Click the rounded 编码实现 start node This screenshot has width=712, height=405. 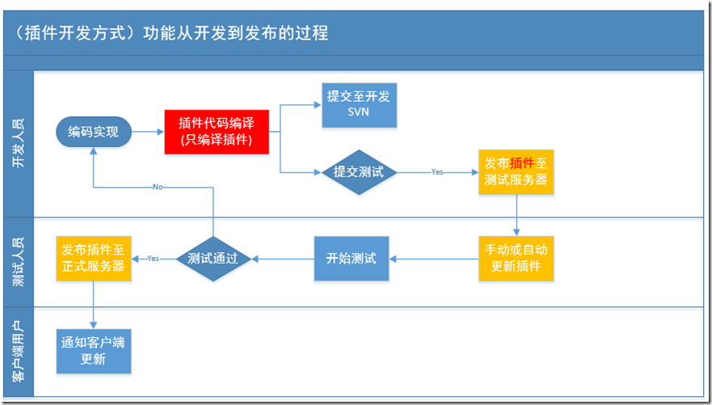tap(93, 132)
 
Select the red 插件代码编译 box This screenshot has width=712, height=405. tap(216, 131)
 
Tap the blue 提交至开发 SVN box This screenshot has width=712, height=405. tap(359, 104)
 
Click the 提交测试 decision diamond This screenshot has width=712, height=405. tap(359, 172)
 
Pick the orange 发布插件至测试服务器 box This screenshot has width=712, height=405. tap(516, 171)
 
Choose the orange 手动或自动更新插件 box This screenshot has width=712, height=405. tap(516, 258)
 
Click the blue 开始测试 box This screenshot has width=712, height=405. tap(351, 259)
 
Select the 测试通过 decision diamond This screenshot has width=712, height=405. tap(213, 259)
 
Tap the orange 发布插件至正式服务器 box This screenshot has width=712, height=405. tap(93, 258)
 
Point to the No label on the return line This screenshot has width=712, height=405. tap(158, 187)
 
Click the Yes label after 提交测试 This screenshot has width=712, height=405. tap(436, 172)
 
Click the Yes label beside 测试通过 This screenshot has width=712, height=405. tap(153, 259)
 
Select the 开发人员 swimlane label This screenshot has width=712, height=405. tap(18, 144)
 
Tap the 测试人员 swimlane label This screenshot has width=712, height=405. tap(18, 262)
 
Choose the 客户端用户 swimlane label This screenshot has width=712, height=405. tap(18, 352)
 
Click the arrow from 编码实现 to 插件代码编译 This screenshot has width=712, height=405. tap(147, 132)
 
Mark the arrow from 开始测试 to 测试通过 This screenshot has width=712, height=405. tap(283, 259)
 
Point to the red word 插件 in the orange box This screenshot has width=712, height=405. tap(522, 163)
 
